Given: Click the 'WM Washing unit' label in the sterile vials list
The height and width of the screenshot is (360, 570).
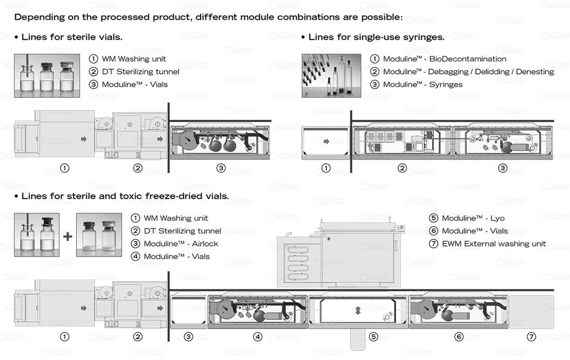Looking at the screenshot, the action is [134, 59].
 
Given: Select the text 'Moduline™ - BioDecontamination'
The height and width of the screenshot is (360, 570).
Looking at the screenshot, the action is [444, 59].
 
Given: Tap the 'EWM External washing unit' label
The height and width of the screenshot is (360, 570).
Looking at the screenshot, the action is [494, 244].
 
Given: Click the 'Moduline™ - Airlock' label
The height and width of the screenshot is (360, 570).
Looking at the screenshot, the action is [181, 244].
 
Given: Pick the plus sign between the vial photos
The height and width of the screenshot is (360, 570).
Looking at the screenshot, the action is [68, 237].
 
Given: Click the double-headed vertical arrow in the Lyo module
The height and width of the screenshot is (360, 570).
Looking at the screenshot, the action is [358, 310].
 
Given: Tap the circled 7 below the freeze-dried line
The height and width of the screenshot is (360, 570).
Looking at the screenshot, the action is [532, 337].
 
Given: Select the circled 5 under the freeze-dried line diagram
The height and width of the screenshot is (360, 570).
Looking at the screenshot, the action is [373, 337].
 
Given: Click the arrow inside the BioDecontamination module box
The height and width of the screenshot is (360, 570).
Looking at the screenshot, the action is [326, 141].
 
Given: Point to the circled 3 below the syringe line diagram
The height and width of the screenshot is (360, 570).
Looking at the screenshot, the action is [503, 168].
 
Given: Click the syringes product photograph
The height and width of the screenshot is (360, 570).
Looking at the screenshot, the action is [331, 76].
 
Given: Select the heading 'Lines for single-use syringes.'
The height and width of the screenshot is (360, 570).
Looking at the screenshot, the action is [376, 37].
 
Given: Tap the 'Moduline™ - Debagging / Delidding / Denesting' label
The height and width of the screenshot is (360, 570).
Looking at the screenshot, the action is [468, 72].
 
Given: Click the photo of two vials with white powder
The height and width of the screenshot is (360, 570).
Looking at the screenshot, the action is [99, 235].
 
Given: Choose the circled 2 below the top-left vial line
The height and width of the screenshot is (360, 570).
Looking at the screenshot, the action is [137, 168].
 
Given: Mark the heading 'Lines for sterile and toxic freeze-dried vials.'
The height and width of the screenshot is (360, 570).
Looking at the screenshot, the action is [125, 196].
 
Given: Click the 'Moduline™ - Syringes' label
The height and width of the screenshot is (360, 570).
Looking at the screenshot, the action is [422, 84].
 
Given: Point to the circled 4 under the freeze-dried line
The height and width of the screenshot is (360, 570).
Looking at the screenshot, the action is [258, 337].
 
